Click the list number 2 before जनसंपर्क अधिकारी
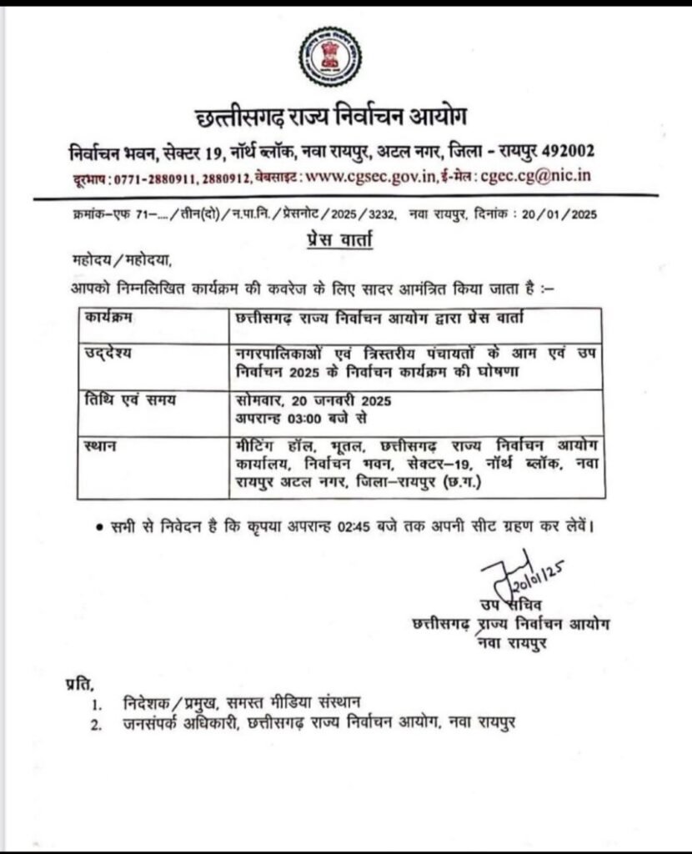[99, 724]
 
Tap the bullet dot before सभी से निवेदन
[98, 527]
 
